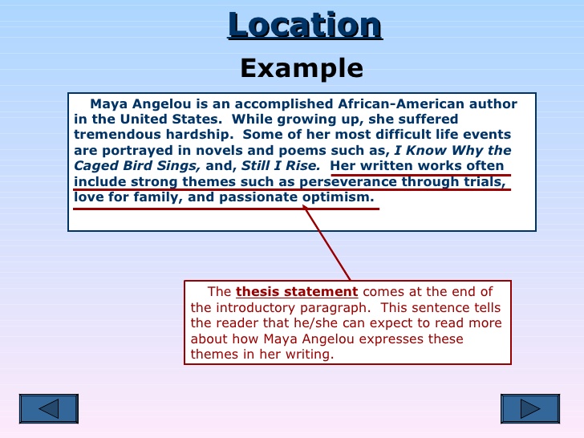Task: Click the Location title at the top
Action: pyautogui.click(x=305, y=25)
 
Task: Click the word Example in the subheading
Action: pyautogui.click(x=302, y=67)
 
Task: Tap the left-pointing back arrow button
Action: pyautogui.click(x=49, y=408)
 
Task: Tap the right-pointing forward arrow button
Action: pyautogui.click(x=530, y=408)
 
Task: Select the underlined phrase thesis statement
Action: pyautogui.click(x=297, y=292)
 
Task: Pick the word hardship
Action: pyautogui.click(x=200, y=135)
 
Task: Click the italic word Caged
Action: pyautogui.click(x=96, y=166)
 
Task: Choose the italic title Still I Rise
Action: pyautogui.click(x=281, y=165)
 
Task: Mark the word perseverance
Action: pyautogui.click(x=348, y=182)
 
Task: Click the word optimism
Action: pyautogui.click(x=338, y=197)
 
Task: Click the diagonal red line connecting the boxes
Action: pyautogui.click(x=327, y=244)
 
